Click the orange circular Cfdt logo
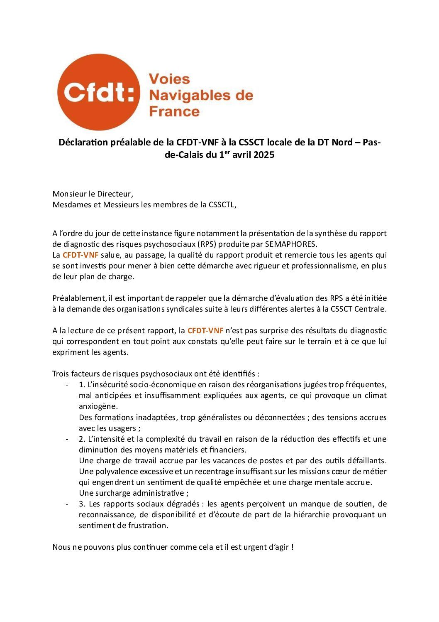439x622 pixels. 99,92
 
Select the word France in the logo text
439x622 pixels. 174,111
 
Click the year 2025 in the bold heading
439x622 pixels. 264,155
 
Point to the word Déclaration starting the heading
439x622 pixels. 83,143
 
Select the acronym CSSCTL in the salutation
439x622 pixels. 222,204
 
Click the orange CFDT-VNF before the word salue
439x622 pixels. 80,255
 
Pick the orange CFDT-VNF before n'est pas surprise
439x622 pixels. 205,331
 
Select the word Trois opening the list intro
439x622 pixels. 61,374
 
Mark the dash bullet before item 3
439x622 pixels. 67,504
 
